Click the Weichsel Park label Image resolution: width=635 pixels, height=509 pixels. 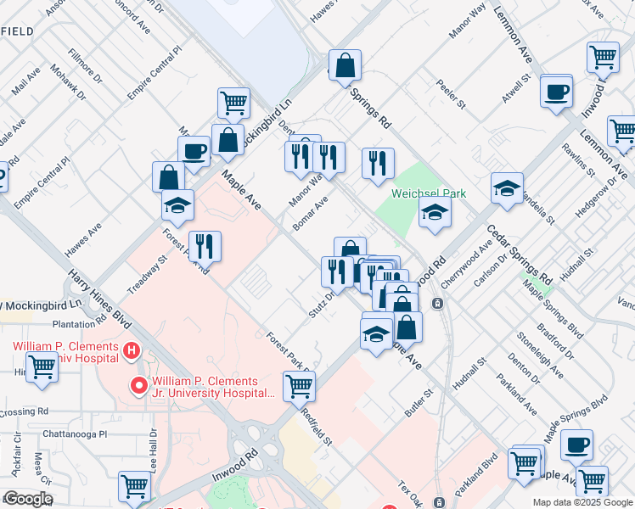[429, 193]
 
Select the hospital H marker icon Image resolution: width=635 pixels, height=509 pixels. [131, 349]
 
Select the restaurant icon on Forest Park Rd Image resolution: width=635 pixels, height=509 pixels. [205, 246]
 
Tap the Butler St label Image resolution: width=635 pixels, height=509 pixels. [419, 400]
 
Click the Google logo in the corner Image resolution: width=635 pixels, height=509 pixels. [28, 499]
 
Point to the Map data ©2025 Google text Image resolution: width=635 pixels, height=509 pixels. [582, 502]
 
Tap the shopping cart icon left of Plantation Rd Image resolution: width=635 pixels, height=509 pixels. [42, 368]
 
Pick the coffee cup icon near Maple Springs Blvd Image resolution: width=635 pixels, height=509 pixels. [576, 445]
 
